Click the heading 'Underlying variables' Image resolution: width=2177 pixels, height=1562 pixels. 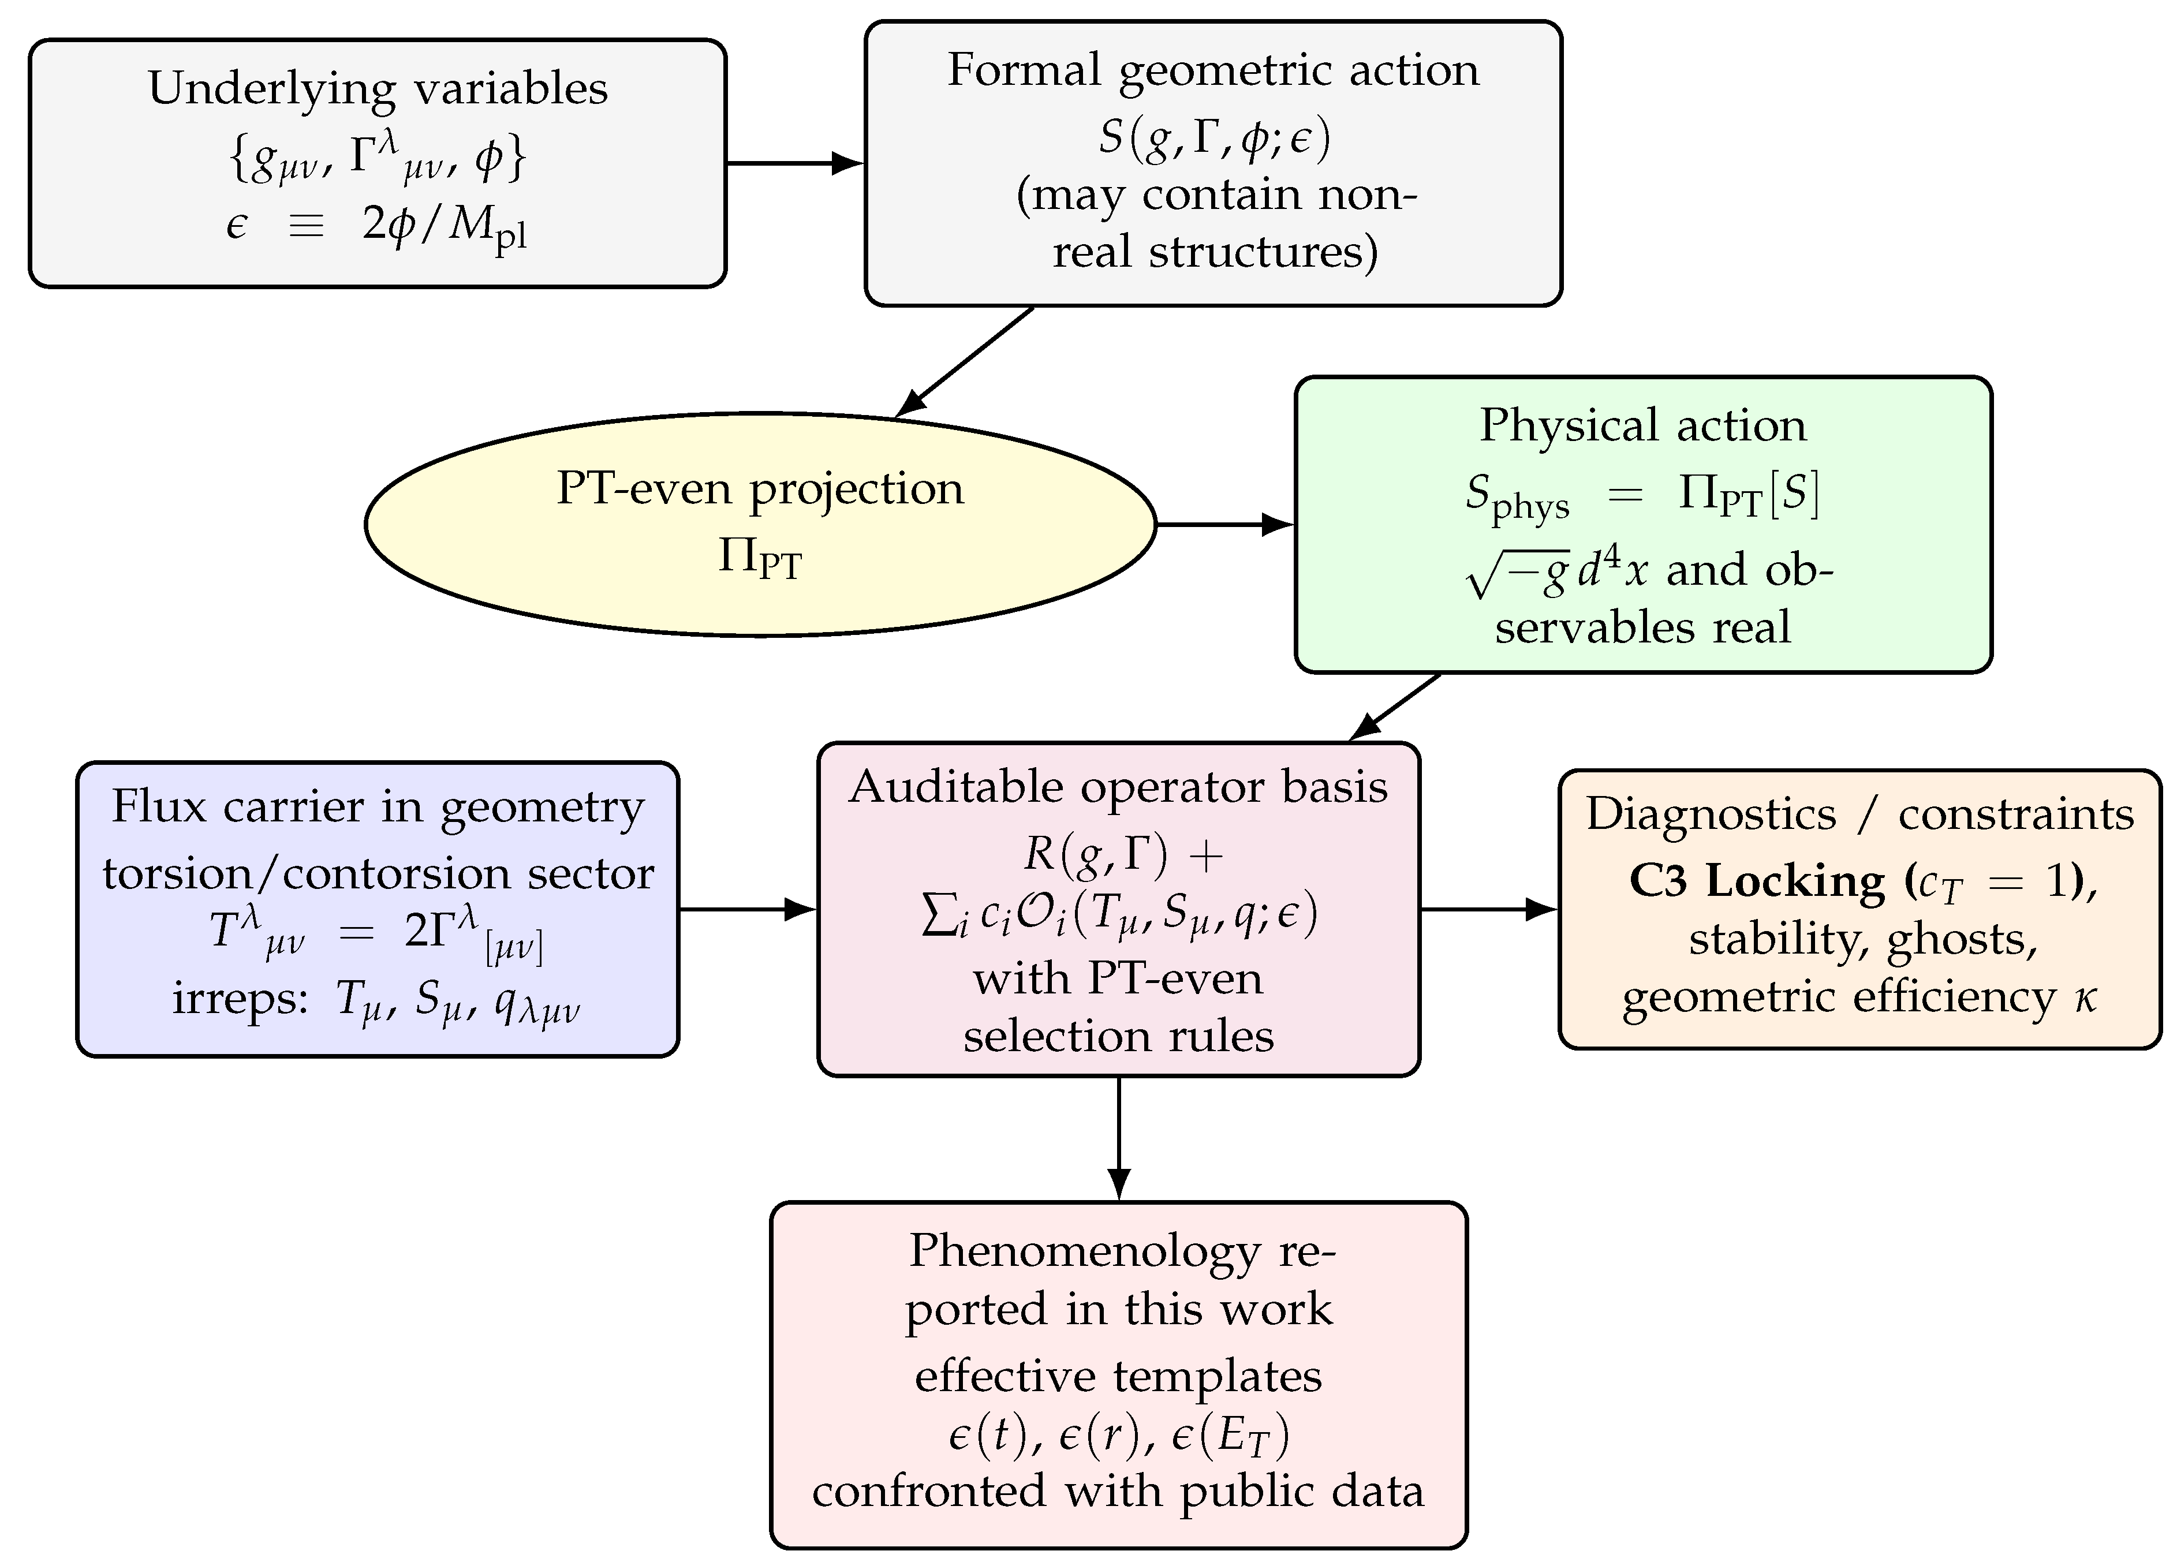[377, 88]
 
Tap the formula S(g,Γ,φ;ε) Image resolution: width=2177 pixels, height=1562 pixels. [1214, 137]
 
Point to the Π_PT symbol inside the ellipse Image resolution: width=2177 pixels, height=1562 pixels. [759, 558]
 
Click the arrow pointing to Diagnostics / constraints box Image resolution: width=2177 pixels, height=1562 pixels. [1488, 908]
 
